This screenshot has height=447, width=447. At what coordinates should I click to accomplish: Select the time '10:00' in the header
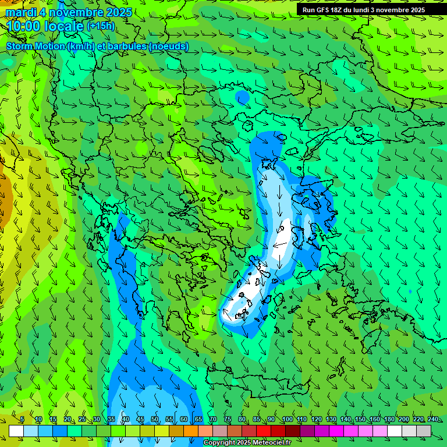(x=24, y=26)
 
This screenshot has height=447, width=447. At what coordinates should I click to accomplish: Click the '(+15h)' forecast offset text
(x=101, y=26)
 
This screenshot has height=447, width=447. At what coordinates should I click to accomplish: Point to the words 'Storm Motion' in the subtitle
(x=35, y=47)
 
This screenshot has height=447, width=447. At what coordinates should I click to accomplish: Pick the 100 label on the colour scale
(x=287, y=420)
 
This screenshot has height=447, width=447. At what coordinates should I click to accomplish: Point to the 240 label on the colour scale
(x=432, y=420)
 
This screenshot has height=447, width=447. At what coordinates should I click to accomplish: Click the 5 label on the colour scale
(x=22, y=420)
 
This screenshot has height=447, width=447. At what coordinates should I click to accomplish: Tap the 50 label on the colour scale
(x=155, y=420)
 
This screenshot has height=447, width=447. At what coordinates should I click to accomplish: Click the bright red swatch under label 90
(x=264, y=431)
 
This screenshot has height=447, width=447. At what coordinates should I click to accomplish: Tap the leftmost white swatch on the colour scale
(x=16, y=431)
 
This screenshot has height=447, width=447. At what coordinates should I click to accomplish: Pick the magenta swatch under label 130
(x=322, y=431)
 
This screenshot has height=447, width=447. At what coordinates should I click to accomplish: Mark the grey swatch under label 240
(x=424, y=431)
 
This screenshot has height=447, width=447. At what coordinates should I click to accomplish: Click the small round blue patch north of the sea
(x=242, y=97)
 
